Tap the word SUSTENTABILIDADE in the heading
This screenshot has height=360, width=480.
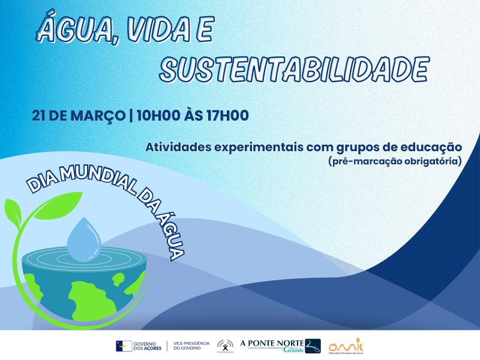pos(295,70)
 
